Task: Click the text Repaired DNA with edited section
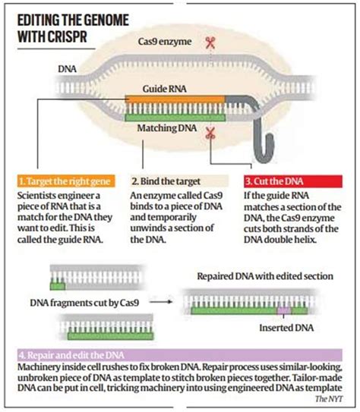click(x=260, y=275)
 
